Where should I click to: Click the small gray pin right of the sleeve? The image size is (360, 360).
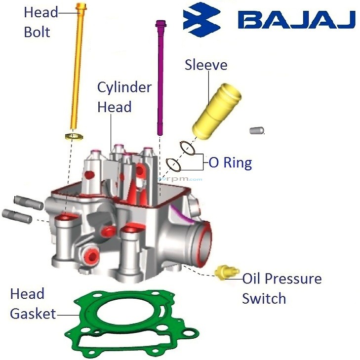click(255, 130)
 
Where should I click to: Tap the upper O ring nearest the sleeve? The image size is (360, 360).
click(187, 148)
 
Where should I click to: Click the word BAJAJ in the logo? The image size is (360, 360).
click(296, 20)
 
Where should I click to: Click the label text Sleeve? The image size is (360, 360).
click(206, 65)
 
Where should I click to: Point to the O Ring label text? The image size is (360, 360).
click(231, 162)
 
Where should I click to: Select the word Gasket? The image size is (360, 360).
click(33, 313)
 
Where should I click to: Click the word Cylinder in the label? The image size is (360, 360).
click(124, 87)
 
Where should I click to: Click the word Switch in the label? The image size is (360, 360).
click(264, 298)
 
